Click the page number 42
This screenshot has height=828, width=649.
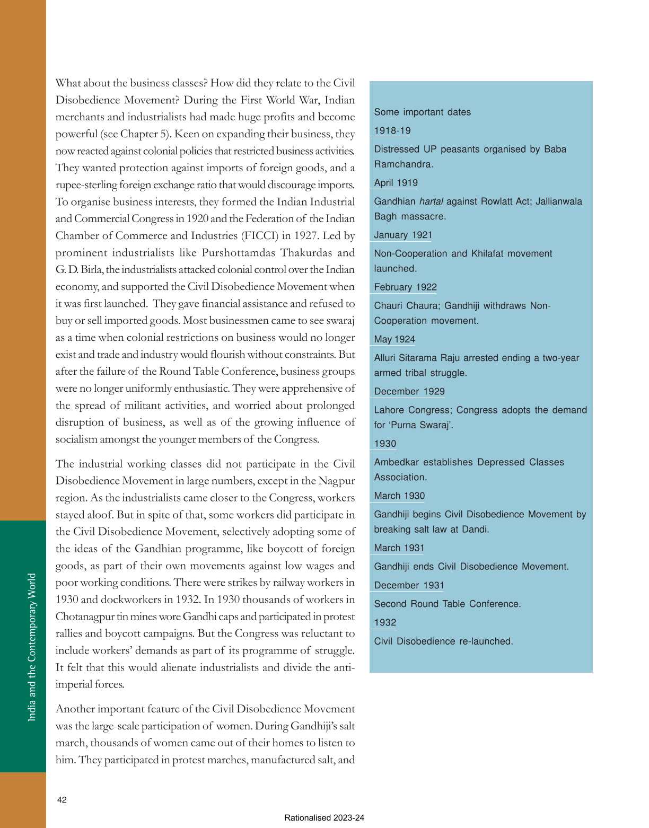62,800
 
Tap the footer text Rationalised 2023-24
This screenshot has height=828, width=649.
324,817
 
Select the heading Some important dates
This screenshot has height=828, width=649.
422,112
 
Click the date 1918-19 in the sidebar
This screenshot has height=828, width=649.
392,130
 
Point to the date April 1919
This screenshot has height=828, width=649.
396,183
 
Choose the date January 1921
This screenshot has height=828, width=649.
403,235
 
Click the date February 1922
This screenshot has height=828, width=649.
405,287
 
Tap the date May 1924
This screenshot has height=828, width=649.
394,339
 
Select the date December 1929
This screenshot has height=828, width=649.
409,392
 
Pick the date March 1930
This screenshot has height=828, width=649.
399,496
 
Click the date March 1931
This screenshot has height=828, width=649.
399,548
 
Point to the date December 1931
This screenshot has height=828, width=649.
409,585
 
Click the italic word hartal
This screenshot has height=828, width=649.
431,201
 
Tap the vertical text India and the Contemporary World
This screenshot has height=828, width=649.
32,647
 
